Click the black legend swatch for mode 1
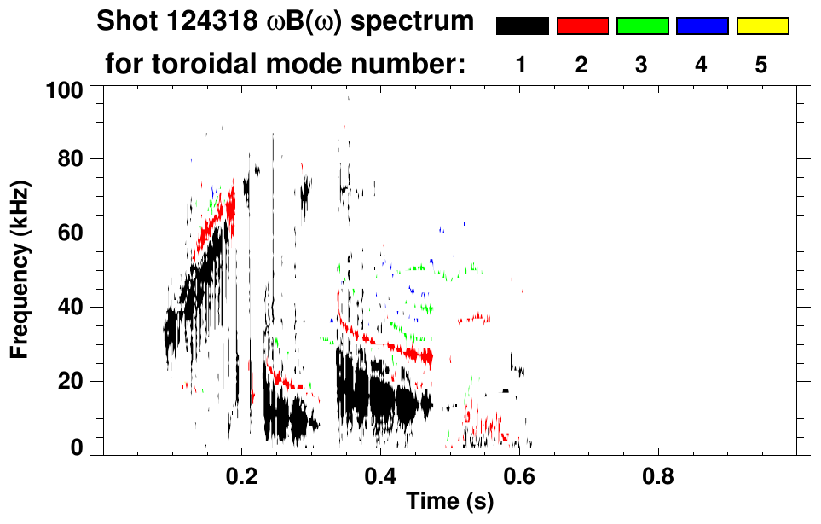click(x=522, y=26)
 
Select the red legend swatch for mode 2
click(x=582, y=26)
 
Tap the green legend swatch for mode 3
click(x=642, y=26)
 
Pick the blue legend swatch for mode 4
click(x=702, y=26)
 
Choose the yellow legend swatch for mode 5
click(x=761, y=26)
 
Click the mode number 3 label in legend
click(x=642, y=66)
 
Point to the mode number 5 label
click(x=761, y=66)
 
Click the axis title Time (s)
click(x=448, y=503)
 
